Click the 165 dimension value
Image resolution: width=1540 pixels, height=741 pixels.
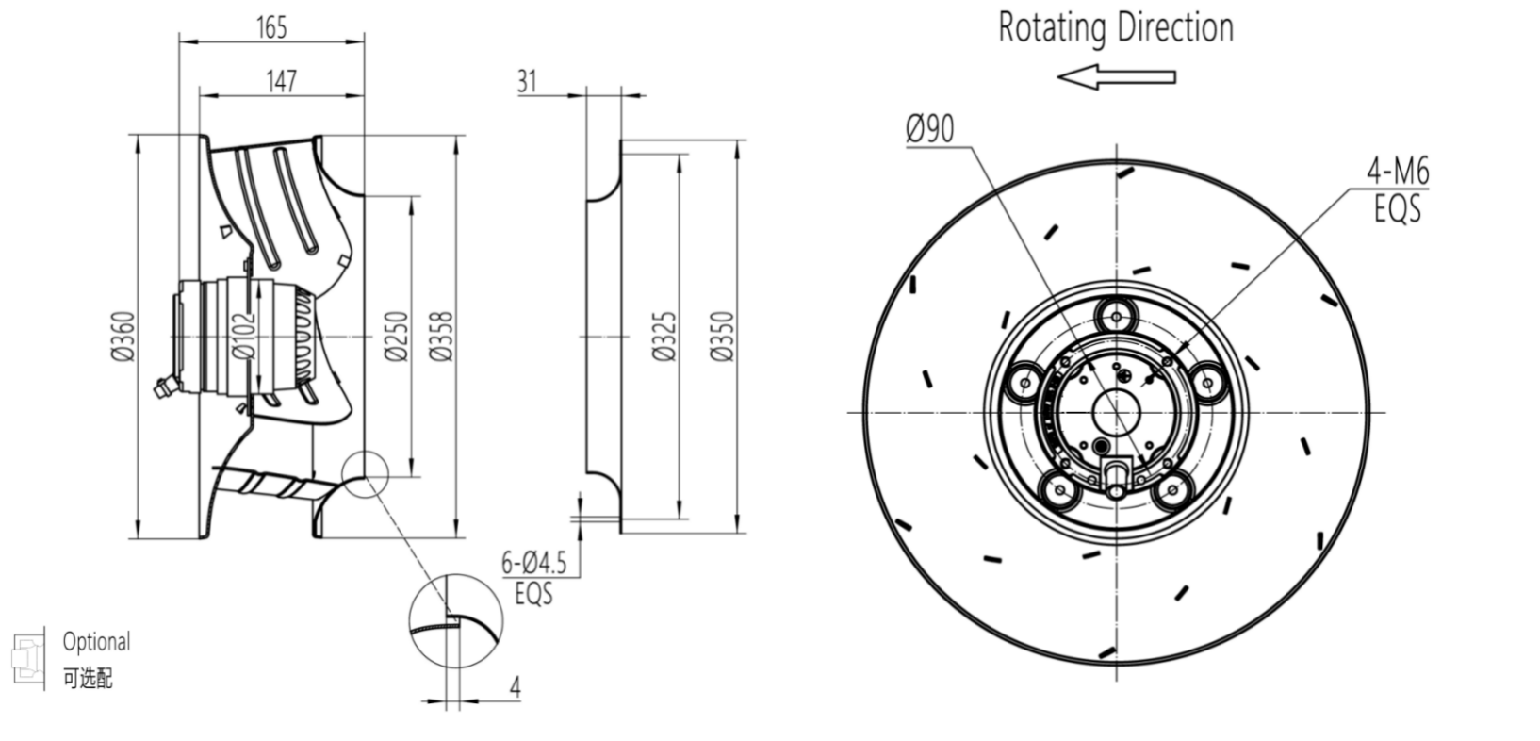(x=270, y=27)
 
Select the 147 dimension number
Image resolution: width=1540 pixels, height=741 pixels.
(x=281, y=81)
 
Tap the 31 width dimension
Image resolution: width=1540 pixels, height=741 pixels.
(x=526, y=81)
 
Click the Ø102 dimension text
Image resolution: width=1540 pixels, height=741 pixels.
(x=243, y=337)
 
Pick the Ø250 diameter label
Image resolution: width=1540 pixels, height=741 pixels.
(x=396, y=337)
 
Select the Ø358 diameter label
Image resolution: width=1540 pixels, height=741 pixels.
(x=441, y=337)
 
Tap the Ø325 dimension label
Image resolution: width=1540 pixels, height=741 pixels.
(x=664, y=337)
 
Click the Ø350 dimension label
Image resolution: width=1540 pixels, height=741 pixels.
(x=722, y=337)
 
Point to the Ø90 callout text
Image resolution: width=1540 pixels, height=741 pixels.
(x=930, y=129)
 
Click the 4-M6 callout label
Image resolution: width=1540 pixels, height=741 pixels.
(x=1398, y=172)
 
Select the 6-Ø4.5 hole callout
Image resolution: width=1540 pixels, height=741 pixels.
(x=533, y=564)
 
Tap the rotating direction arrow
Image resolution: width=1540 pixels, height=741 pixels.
(x=1116, y=76)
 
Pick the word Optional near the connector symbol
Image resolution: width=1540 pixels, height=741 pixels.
(x=96, y=642)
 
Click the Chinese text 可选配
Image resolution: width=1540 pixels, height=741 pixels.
(x=88, y=678)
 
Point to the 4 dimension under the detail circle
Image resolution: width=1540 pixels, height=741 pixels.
(x=515, y=687)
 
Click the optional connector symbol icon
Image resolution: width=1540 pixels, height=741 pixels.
(x=27, y=656)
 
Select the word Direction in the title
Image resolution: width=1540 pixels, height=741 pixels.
(x=1175, y=27)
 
